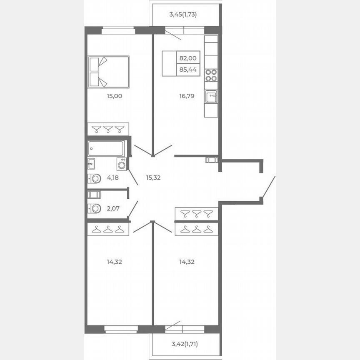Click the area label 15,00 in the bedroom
pyautogui.click(x=114, y=96)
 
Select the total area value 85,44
pyautogui.click(x=187, y=70)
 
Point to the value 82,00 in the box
pyautogui.click(x=187, y=59)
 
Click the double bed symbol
pyautogui.click(x=109, y=72)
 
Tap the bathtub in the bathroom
pyautogui.click(x=106, y=148)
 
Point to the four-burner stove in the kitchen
pyautogui.click(x=211, y=75)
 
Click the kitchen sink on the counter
pyautogui.click(x=211, y=97)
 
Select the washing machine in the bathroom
pyautogui.click(x=122, y=164)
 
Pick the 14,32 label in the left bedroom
pyautogui.click(x=114, y=262)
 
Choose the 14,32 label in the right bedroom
pyautogui.click(x=187, y=262)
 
